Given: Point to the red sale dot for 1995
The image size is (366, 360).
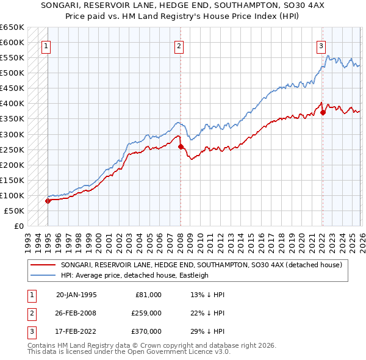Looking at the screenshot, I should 48,201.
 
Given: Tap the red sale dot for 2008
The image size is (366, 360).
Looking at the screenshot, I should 181,146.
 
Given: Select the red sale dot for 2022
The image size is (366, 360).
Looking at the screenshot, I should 323,112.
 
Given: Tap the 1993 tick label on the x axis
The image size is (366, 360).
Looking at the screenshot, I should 28,238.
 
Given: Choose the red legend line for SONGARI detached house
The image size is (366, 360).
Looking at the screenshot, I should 43,265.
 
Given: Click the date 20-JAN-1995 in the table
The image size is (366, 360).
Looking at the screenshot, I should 76,295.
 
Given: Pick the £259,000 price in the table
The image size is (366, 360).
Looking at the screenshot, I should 146,313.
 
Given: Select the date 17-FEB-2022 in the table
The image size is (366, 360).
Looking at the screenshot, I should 76,331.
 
